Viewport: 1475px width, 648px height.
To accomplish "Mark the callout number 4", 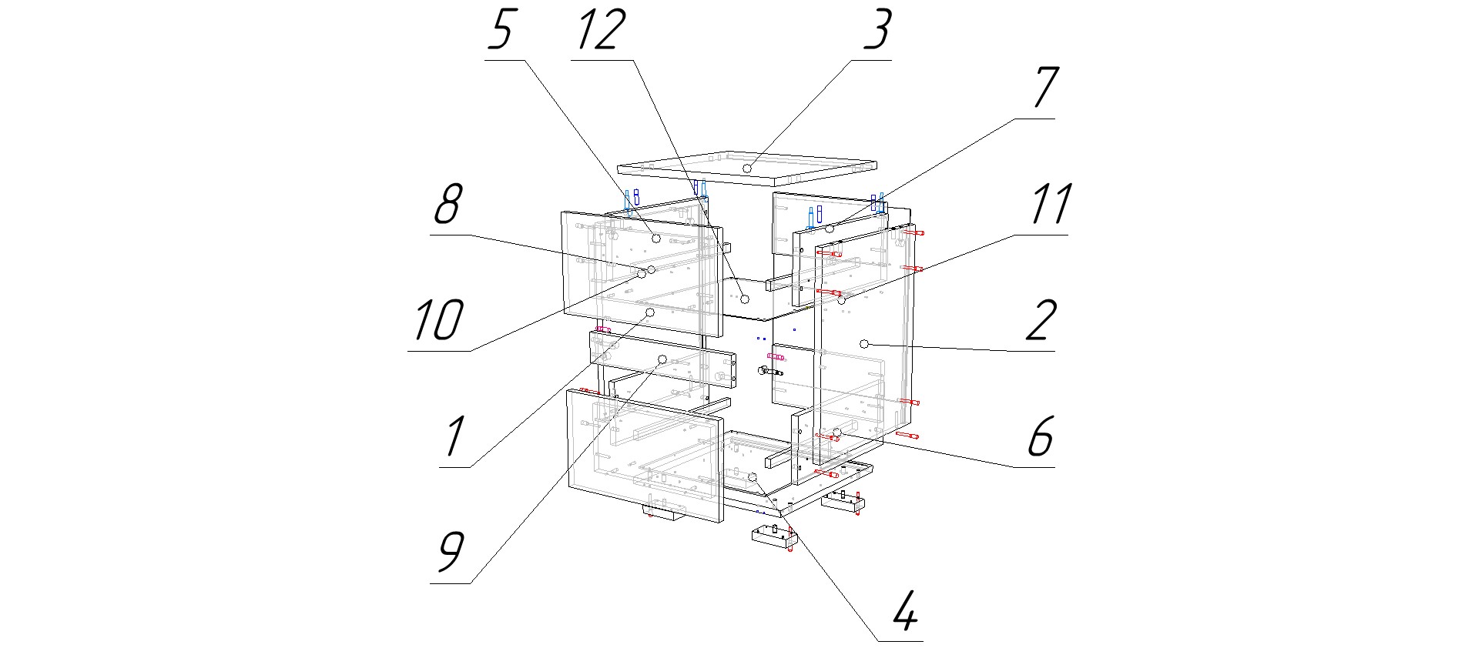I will [907, 611].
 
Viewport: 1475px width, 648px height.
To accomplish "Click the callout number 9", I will [451, 553].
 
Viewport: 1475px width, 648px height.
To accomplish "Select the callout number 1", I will [454, 436].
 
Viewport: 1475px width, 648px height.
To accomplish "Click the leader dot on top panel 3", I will [747, 167].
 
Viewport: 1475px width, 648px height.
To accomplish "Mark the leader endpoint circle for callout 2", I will [864, 342].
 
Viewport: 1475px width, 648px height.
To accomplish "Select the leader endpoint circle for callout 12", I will [745, 298].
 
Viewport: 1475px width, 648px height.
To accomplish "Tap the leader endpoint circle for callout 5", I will [655, 239].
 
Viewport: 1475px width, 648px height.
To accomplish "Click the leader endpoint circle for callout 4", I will [754, 479].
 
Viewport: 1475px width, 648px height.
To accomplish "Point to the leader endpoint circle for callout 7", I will [830, 229].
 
